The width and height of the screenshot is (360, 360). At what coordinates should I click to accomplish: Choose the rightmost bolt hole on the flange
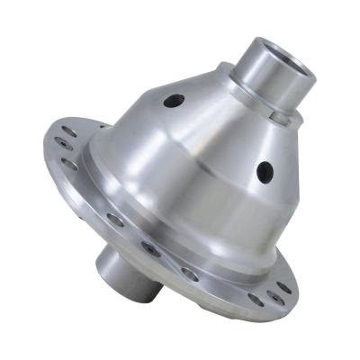[x=284, y=287]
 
